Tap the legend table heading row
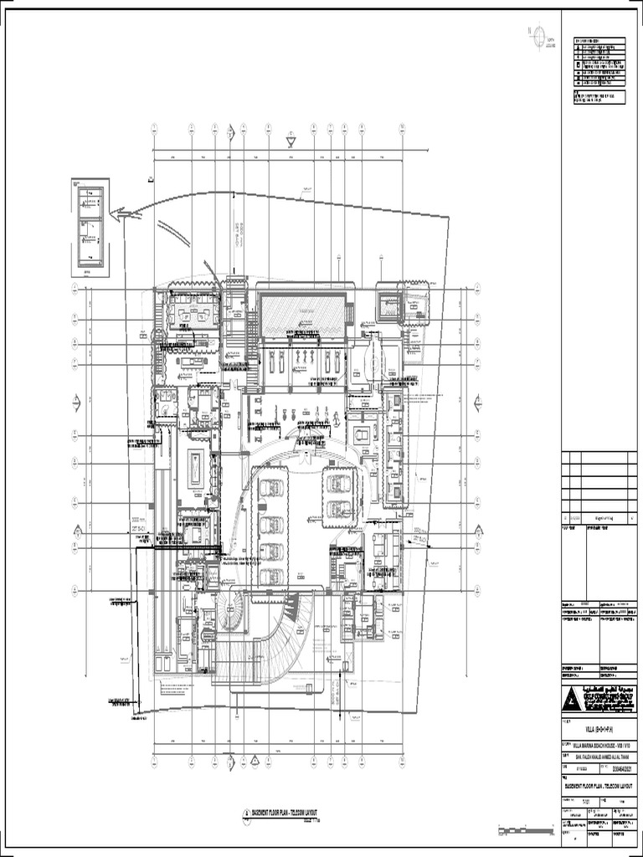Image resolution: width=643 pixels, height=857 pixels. point(599,40)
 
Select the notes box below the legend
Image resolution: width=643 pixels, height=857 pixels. point(599,98)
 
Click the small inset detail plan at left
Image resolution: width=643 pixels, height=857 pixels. point(90,226)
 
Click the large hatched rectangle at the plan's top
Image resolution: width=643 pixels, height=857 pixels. point(302,316)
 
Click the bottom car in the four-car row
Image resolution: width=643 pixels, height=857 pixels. point(270,576)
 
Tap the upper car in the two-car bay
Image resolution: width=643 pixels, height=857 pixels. point(338,483)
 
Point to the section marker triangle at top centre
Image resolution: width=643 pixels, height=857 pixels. point(291,142)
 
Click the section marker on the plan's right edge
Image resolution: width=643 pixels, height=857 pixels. point(479,532)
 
